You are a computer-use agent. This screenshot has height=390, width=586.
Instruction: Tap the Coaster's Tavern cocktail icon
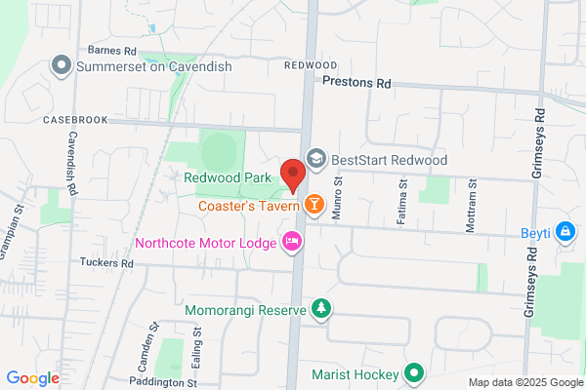[314, 204]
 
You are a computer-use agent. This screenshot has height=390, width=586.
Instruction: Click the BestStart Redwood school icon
[315, 158]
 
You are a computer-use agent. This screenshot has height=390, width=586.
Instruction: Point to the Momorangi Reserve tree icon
[320, 309]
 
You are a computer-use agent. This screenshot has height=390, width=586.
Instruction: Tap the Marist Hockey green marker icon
[414, 373]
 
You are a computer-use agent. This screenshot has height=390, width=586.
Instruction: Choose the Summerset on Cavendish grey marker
[62, 65]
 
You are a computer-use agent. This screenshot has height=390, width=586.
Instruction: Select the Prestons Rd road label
[356, 85]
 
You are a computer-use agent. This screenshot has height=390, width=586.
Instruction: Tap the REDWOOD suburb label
[310, 64]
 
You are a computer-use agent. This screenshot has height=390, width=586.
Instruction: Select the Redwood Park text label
[228, 177]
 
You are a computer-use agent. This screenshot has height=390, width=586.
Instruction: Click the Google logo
[32, 378]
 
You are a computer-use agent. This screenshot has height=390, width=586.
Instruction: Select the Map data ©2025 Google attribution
[523, 382]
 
